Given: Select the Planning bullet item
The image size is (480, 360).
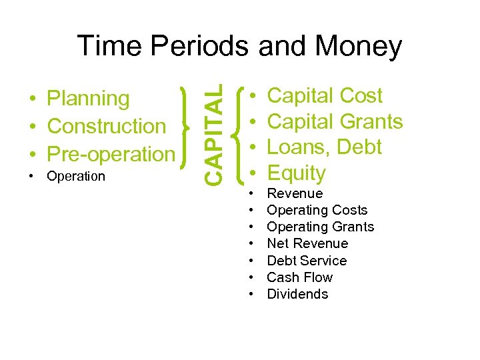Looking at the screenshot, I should (x=89, y=99).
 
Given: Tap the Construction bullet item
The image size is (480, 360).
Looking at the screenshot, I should (x=107, y=126).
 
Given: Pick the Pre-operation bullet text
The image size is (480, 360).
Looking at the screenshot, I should (x=111, y=153).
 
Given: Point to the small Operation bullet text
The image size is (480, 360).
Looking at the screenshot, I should (x=76, y=176).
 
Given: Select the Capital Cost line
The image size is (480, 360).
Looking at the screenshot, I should (x=324, y=96).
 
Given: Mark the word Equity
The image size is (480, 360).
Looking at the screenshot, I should (x=296, y=173).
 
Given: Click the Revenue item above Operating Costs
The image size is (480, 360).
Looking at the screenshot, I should (x=294, y=193).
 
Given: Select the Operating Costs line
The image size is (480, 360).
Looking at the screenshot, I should (x=317, y=210).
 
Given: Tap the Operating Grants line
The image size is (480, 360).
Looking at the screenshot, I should (x=320, y=227).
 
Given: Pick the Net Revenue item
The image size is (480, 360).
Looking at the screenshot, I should (x=307, y=243).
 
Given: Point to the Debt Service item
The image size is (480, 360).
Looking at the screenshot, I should (x=307, y=261).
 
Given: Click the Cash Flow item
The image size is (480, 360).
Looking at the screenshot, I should (x=299, y=277).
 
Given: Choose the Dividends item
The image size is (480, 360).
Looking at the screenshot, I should (x=297, y=294).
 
